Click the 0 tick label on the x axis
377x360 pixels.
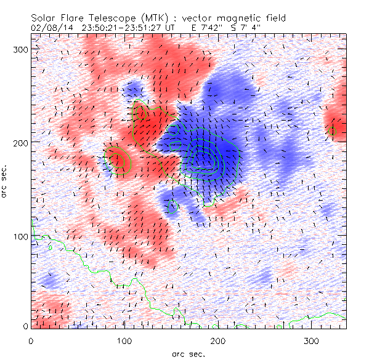click(31, 340)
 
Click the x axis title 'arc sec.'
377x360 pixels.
click(188, 354)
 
